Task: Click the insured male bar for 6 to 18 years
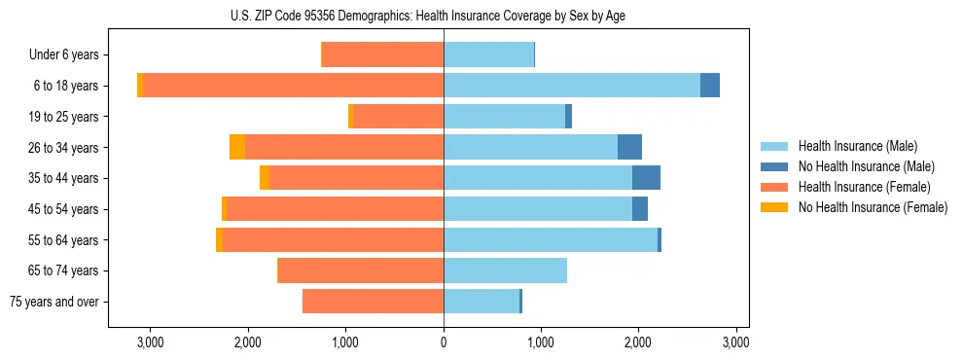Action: [x=572, y=86]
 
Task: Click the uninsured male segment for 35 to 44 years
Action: [x=646, y=178]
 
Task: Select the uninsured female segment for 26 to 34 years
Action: [x=237, y=147]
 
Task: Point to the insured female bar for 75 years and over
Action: [x=373, y=302]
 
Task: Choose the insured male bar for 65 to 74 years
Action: [x=505, y=270]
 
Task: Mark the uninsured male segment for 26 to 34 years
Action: [x=629, y=147]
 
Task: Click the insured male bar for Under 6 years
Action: [x=488, y=55]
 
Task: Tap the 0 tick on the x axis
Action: [x=444, y=342]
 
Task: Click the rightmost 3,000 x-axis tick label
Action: [x=736, y=342]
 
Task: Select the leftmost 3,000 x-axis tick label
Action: [x=151, y=342]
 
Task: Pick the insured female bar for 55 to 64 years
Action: [x=333, y=239]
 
